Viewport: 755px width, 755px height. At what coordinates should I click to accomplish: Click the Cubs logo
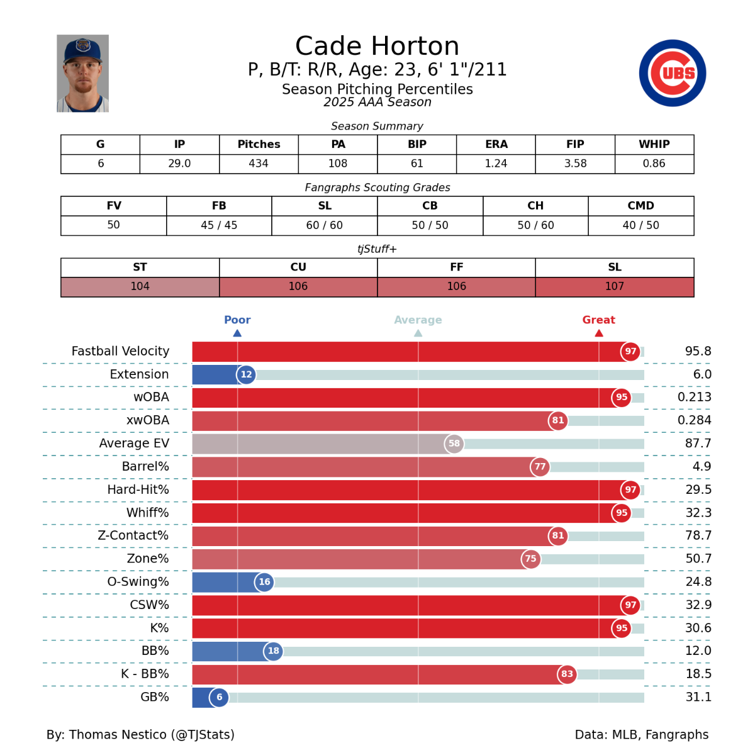tap(672, 73)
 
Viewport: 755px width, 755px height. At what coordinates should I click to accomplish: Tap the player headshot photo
tap(82, 74)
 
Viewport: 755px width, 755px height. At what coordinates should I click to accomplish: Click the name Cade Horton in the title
tap(377, 46)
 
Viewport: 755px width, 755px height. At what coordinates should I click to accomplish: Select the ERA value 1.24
tap(496, 164)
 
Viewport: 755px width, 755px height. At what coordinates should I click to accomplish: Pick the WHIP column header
tap(654, 144)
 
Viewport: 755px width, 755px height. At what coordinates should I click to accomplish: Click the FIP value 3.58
tap(575, 164)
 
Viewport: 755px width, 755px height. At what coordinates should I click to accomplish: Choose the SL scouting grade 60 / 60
tap(325, 225)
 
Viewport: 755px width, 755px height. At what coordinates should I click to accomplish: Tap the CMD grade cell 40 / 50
tap(640, 225)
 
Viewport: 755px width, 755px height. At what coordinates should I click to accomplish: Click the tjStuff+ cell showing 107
tap(614, 286)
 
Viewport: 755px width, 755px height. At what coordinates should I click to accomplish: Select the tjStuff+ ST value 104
tap(140, 286)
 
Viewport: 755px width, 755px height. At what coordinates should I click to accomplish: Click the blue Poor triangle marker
tap(237, 333)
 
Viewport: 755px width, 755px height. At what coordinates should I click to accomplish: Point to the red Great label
tap(598, 320)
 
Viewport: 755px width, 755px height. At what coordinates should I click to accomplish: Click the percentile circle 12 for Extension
tap(246, 374)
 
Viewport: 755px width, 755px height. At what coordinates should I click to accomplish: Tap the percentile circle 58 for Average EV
tap(454, 444)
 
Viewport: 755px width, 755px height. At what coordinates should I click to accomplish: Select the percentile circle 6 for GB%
tap(219, 697)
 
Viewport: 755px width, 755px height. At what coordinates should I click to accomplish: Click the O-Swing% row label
tap(138, 582)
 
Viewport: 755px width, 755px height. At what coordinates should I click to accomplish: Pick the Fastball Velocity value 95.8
tap(698, 351)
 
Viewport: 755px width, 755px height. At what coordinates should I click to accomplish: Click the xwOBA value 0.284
tap(694, 420)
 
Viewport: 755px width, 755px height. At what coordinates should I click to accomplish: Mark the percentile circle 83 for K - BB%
tap(567, 674)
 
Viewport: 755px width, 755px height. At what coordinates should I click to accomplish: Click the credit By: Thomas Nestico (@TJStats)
tap(140, 734)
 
